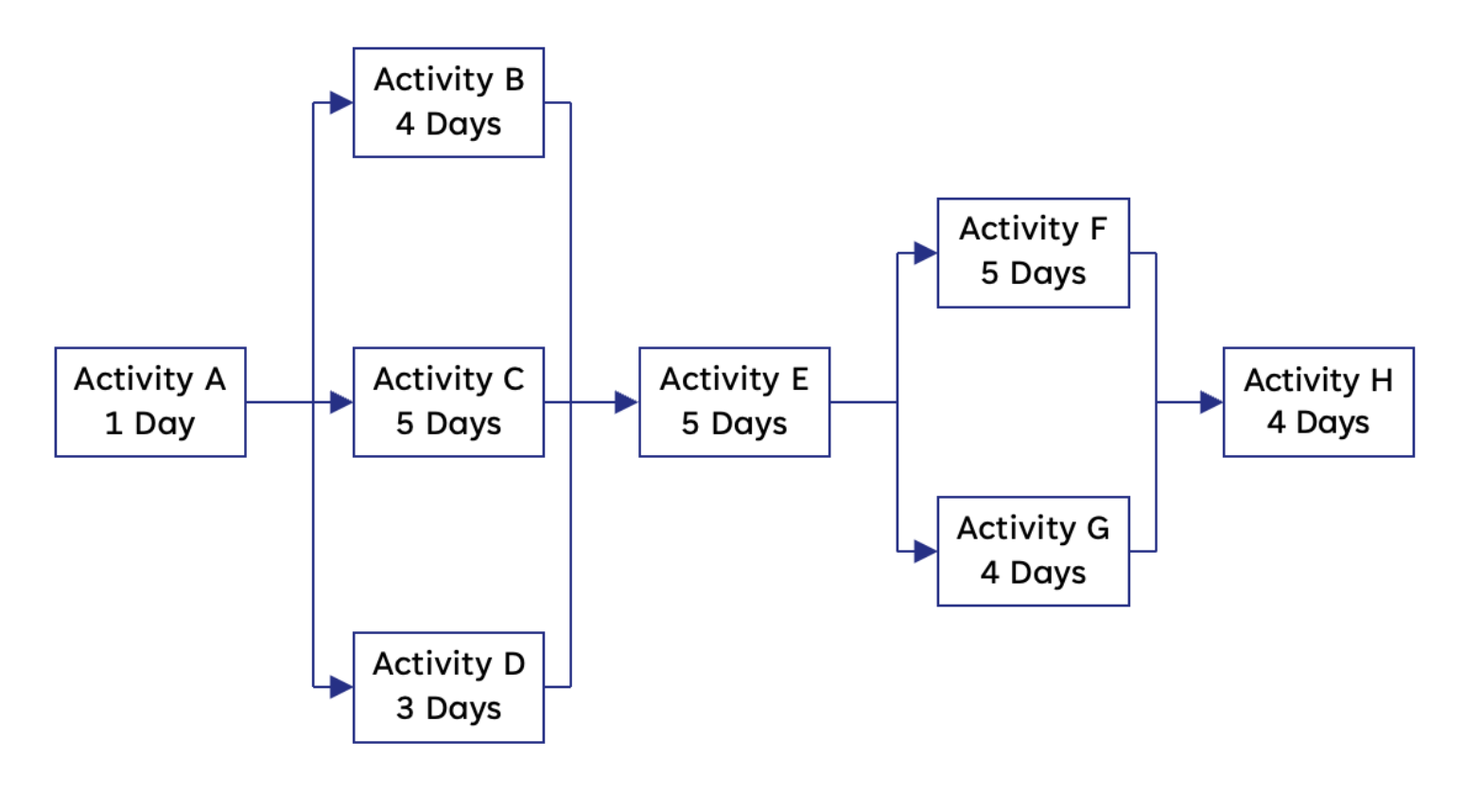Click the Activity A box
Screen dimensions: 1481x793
(150, 402)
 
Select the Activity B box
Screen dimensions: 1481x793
(449, 102)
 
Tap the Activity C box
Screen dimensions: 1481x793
(449, 402)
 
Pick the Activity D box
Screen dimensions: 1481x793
(449, 688)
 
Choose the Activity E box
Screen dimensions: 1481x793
(735, 402)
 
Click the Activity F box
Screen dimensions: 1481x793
(1034, 253)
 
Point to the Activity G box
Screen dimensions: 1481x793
(1034, 551)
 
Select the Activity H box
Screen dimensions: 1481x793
(1319, 402)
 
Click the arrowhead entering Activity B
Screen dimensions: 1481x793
(341, 102)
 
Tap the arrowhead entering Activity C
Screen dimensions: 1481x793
(341, 402)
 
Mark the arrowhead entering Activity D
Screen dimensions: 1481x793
(341, 687)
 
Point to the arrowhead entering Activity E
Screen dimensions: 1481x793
(627, 402)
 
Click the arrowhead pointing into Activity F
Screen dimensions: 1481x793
(926, 253)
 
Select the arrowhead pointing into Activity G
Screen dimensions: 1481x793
(926, 551)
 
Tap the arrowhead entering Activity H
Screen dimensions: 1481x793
(1211, 402)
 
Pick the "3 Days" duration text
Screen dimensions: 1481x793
(449, 710)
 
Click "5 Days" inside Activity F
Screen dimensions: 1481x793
(1034, 274)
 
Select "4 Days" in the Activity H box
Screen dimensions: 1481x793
(1318, 423)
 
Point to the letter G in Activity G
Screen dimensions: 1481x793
(1098, 528)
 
